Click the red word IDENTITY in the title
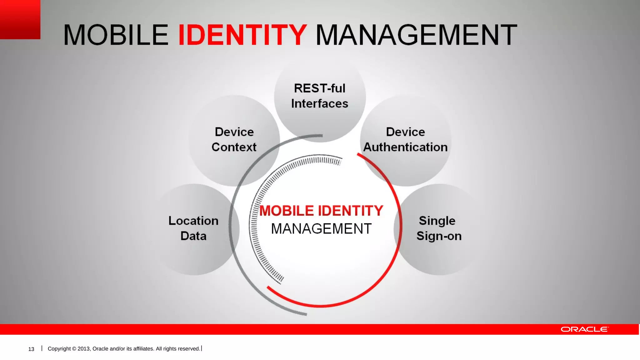[x=242, y=35]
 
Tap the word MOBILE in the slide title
[x=116, y=35]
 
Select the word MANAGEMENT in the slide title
[x=416, y=35]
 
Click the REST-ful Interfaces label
[x=320, y=96]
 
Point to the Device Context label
[x=234, y=139]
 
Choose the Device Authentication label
[x=405, y=139]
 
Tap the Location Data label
[x=193, y=228]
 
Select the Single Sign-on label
[x=438, y=228]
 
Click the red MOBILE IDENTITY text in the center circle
[x=321, y=211]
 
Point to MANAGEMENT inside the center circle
[x=321, y=229]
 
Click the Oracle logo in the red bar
[x=584, y=329]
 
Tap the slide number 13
[x=31, y=349]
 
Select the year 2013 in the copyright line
[x=84, y=349]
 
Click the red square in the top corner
[x=20, y=19]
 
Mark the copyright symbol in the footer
[x=74, y=349]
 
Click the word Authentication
[x=405, y=147]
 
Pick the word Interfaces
[x=320, y=104]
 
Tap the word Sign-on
[x=439, y=236]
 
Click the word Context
[x=234, y=147]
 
